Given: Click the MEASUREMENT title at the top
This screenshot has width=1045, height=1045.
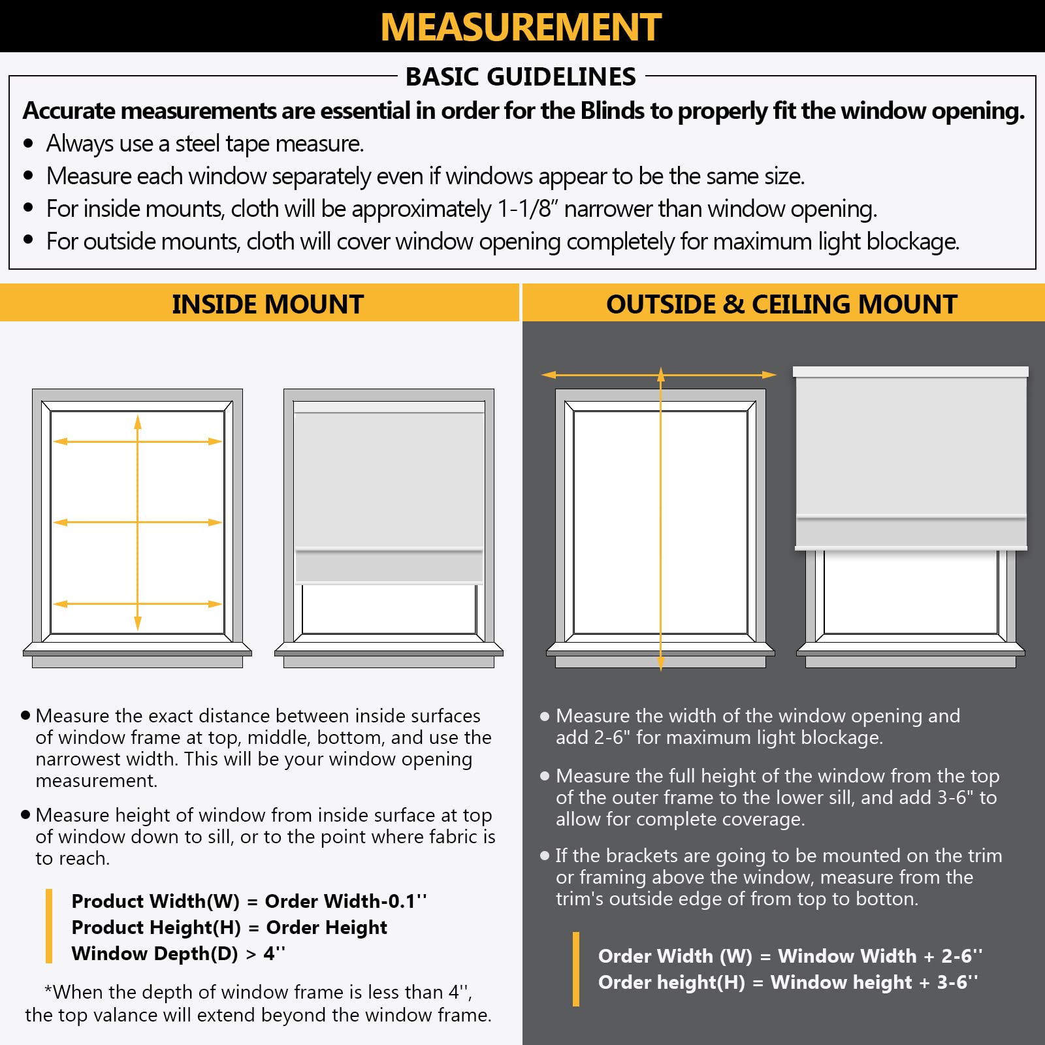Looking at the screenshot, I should click(521, 27).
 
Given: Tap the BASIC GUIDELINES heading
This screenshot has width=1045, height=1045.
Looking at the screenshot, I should click(521, 77).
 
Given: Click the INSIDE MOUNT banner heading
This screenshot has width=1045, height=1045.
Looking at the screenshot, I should click(267, 304).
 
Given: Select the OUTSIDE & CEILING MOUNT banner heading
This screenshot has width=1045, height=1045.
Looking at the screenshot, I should click(781, 304).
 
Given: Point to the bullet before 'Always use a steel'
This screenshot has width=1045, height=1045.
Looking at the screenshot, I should click(28, 144).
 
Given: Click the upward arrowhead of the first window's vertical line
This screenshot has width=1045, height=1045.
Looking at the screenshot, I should click(138, 422).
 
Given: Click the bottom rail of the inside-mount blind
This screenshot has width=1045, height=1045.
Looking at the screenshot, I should click(389, 566).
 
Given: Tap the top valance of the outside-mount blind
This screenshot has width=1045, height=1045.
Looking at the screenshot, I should click(910, 372).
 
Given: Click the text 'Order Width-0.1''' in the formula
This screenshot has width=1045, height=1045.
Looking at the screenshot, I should click(346, 901).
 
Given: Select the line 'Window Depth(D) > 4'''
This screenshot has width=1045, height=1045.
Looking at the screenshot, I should click(178, 954).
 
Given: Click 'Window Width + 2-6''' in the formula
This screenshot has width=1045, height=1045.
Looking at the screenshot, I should click(880, 956).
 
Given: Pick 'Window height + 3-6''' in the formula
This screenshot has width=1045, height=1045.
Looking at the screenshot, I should click(874, 982).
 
